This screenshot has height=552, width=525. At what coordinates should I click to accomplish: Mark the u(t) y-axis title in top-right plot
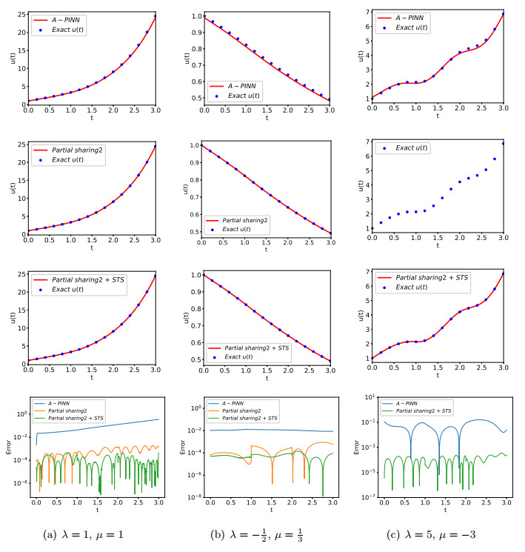click(x=359, y=56)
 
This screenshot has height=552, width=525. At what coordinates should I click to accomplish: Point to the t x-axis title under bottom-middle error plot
click(x=270, y=511)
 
